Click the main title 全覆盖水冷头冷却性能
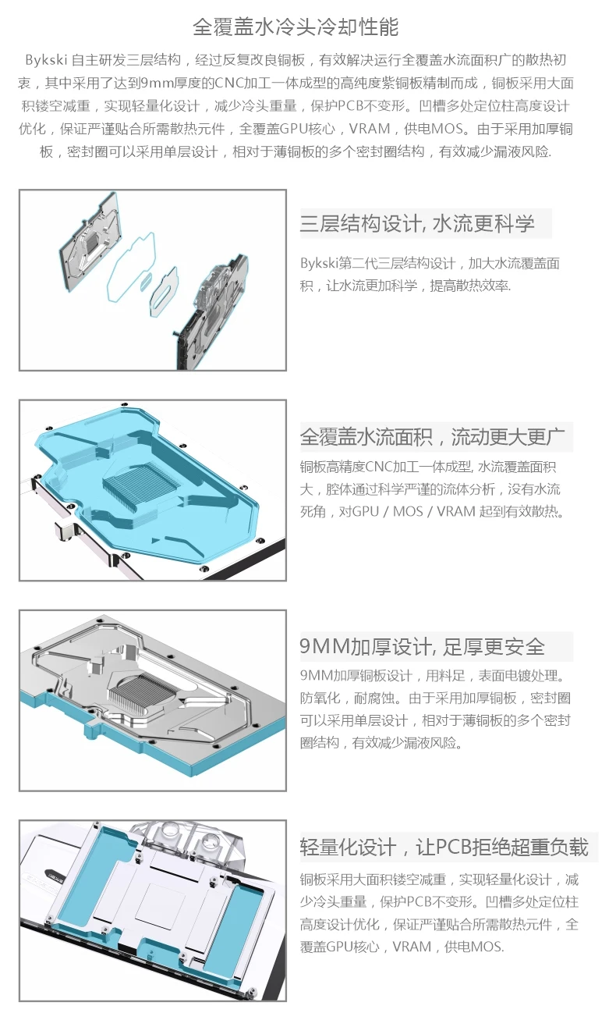point(296,27)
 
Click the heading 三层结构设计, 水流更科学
point(417,224)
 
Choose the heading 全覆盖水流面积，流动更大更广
point(436,436)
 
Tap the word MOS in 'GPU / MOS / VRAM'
point(408,512)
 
